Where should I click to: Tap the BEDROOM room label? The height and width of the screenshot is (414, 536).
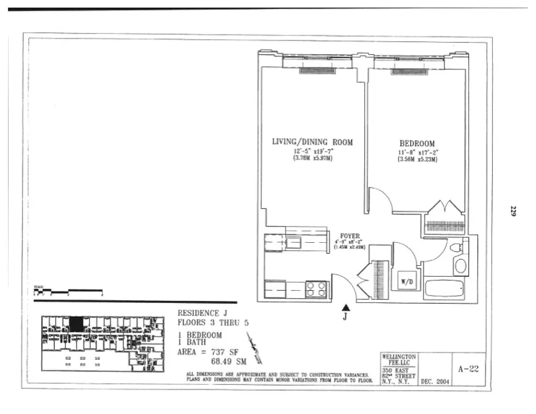click(417, 143)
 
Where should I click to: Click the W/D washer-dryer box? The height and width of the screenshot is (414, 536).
click(407, 281)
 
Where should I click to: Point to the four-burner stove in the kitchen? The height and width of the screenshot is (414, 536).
click(316, 289)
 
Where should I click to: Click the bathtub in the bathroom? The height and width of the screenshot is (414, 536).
click(444, 290)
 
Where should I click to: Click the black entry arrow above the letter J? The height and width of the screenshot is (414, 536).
click(346, 308)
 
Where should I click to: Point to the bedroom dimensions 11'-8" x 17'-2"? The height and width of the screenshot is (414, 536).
click(418, 152)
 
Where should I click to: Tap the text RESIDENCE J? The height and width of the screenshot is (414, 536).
click(202, 313)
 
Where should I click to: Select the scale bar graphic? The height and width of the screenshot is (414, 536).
click(68, 292)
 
